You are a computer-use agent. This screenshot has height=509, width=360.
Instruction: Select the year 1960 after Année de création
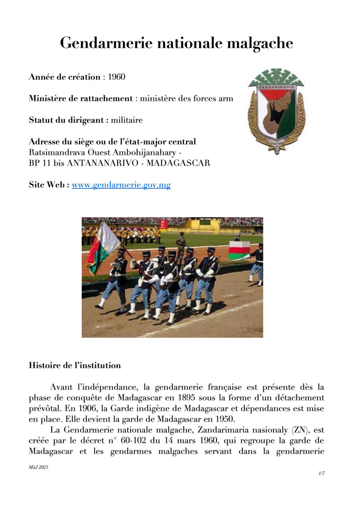(117, 77)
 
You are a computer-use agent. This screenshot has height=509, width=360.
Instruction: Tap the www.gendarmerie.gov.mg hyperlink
(121, 185)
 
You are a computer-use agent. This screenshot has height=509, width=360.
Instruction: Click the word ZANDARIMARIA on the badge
(276, 87)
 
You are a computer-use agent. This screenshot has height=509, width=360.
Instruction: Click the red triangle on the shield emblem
(276, 95)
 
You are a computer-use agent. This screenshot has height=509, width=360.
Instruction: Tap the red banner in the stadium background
(163, 225)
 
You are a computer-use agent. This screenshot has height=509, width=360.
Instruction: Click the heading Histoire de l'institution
(75, 365)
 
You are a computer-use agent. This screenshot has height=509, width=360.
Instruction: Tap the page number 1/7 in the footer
(321, 473)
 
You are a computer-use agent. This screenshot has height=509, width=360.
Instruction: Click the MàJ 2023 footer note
(38, 467)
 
